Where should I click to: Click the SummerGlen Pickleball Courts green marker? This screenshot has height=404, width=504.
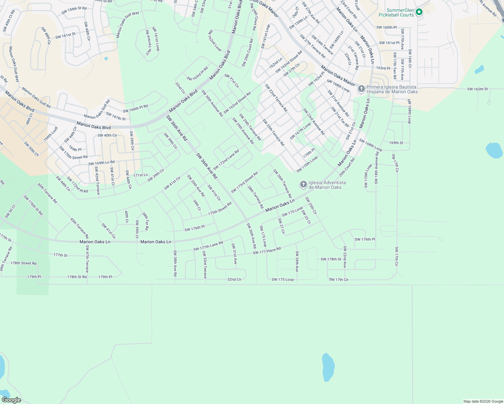coord(419,12)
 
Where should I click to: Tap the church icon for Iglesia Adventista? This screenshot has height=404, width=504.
coord(303,184)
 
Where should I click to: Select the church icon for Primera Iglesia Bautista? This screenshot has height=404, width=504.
coord(361,89)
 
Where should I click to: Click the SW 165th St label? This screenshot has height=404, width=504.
coord(477,89)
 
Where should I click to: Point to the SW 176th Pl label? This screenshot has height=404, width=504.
coord(365,239)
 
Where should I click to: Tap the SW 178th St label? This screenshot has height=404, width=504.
coord(331,259)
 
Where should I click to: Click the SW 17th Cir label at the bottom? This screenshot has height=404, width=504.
coord(339,279)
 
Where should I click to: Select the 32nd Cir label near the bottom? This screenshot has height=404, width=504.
coord(234,279)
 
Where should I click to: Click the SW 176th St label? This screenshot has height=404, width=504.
coord(194,228)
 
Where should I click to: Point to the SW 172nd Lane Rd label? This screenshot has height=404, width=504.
coord(226,160)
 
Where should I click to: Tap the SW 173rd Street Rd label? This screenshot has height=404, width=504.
coord(244,182)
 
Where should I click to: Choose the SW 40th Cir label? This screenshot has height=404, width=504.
coord(107,135)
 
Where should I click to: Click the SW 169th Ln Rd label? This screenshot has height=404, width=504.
coord(101,163)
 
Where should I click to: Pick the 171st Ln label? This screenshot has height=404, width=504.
coord(140,175)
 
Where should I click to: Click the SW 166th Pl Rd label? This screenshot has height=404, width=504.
coord(135,109)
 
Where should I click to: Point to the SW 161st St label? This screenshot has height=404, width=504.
coord(65,35)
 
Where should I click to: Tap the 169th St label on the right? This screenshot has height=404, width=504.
coord(396,143)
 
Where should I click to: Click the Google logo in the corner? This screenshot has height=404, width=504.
coord(11,400)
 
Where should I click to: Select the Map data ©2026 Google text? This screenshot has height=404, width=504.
coord(483,401)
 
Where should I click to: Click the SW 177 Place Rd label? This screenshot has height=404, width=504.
coord(266,251)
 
